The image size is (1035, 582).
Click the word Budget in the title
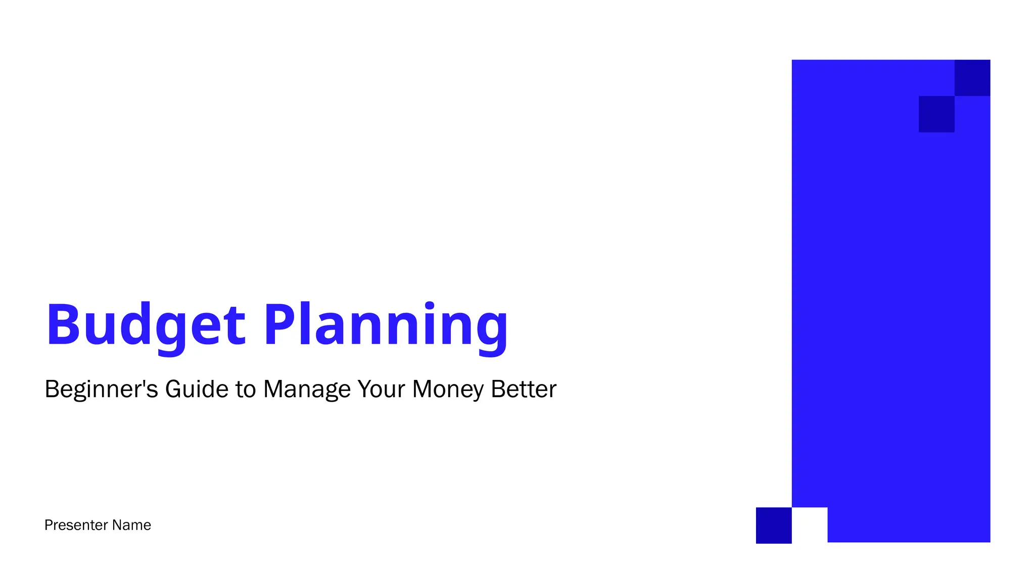click(x=146, y=325)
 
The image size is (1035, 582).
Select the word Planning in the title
click(x=386, y=325)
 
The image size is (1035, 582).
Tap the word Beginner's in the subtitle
click(x=101, y=390)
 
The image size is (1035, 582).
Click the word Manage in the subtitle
click(x=307, y=390)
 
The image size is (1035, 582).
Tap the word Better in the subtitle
click(x=524, y=389)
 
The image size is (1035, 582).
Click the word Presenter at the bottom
click(x=76, y=525)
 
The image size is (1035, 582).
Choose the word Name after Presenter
click(x=131, y=525)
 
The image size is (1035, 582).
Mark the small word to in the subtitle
click(x=246, y=390)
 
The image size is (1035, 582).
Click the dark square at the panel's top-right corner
click(x=972, y=78)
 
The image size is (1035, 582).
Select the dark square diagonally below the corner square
click(x=936, y=114)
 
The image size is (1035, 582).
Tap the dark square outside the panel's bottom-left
click(x=774, y=525)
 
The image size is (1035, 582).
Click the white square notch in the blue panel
click(x=810, y=525)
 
